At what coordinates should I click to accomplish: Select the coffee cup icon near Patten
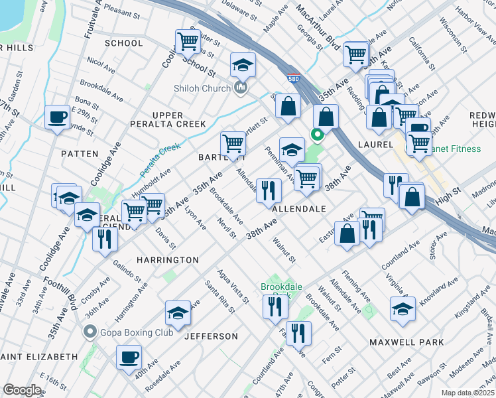[56, 118]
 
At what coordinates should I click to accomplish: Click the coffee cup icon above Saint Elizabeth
[129, 356]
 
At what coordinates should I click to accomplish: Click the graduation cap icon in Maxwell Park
[403, 309]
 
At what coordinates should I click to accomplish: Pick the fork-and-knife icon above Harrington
[105, 239]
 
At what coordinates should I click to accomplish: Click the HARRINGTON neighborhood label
[168, 259]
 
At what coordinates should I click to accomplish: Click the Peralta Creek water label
[160, 158]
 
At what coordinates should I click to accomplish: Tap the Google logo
[22, 390]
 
